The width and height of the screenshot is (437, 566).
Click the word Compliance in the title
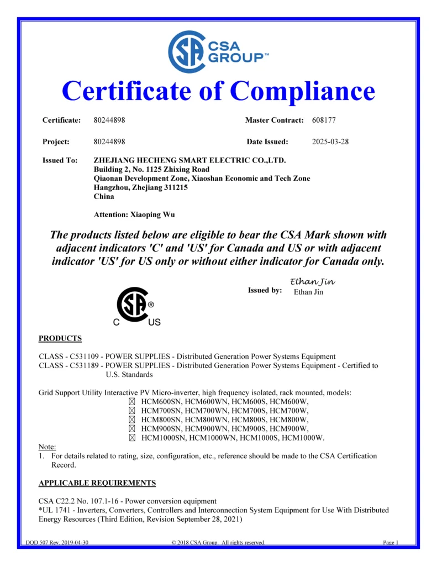tap(302, 91)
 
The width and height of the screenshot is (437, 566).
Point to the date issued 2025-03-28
tap(330, 141)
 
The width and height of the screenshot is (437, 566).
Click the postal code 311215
tap(176, 187)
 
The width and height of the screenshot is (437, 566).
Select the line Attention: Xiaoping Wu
tap(135, 214)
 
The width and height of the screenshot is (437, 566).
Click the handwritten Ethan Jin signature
tap(313, 282)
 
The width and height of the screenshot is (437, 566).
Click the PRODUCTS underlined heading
tap(60, 338)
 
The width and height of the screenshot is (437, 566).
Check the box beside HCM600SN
tap(131, 402)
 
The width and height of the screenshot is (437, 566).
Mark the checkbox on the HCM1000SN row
tap(131, 437)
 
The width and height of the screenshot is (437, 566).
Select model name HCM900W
tap(291, 428)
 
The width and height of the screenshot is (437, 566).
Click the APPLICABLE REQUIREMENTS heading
tap(97, 483)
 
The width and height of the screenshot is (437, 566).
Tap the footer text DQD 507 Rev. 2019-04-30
tap(57, 542)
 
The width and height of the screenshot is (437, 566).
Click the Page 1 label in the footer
tap(391, 542)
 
